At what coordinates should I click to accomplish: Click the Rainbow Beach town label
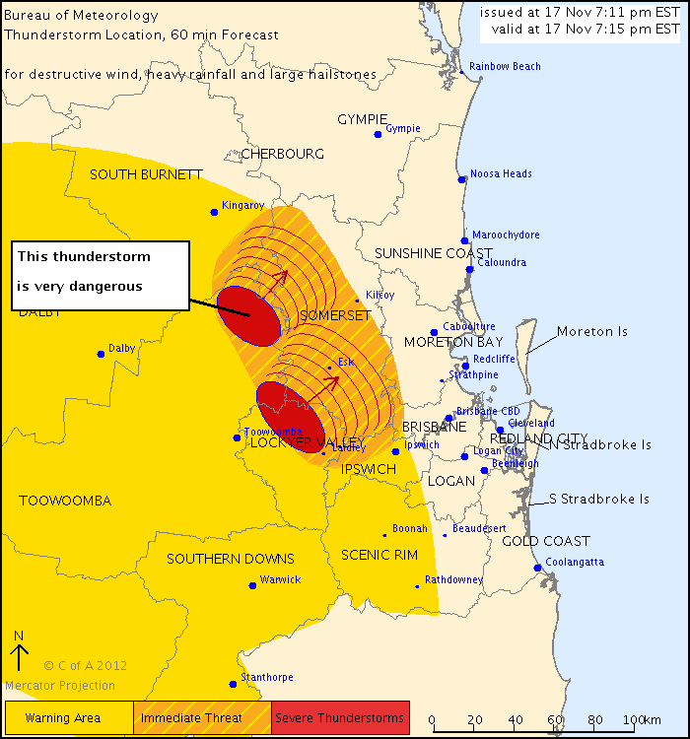coord(505,67)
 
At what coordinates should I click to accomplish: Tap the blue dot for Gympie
coord(378,134)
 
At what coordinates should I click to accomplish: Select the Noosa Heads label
coord(501,174)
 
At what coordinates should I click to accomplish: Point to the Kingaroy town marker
coord(214,212)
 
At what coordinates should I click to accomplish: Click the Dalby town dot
coord(101,354)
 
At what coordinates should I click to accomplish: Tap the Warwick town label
coord(280,580)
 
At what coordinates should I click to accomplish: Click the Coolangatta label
coord(576,563)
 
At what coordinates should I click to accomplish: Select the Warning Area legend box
coord(68,718)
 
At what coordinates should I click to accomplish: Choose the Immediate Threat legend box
coord(202,718)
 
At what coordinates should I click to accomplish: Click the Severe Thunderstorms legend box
coord(339,718)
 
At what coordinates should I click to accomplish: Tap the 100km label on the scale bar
coord(642,719)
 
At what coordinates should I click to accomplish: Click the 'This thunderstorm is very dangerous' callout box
coord(100,273)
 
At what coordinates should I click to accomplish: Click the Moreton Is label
coord(591,332)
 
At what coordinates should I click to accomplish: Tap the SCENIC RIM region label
coord(379,556)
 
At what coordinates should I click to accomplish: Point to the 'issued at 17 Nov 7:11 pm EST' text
coord(580,12)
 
